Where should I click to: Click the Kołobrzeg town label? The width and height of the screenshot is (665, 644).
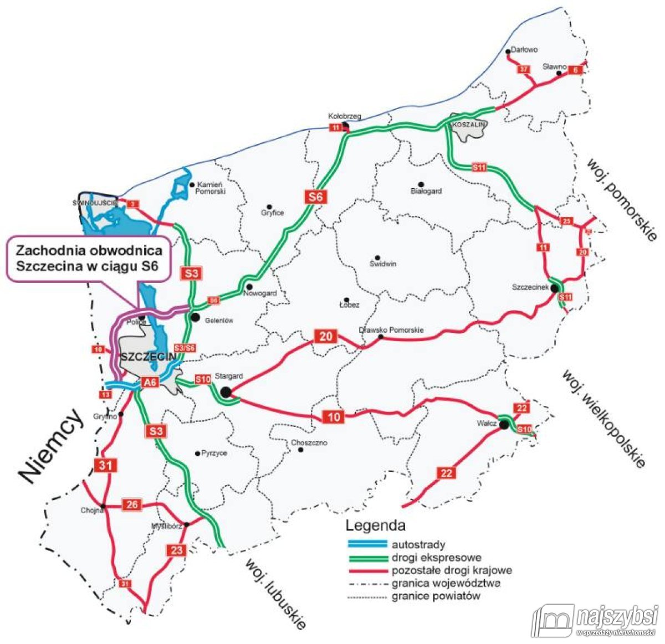pos(345,116)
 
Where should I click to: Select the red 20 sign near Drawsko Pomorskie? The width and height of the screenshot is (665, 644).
pos(326,336)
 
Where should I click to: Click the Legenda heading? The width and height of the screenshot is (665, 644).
pos(375,525)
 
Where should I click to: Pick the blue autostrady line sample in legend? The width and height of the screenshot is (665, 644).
pos(366,544)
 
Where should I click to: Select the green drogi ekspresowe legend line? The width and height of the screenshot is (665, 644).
pos(366,558)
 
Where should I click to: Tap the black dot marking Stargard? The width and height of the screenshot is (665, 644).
pos(226,392)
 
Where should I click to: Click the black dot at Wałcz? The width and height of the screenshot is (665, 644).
pos(503,425)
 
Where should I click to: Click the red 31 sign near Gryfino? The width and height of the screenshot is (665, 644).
pos(106,465)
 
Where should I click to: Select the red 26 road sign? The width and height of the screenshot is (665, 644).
pos(132,504)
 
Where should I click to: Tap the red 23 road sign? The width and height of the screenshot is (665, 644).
pos(176,550)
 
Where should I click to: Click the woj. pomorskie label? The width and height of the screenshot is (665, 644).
pos(622,199)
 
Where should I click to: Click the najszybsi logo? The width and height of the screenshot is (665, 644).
pos(596,620)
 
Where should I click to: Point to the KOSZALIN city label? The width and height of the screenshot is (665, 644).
pos(469,125)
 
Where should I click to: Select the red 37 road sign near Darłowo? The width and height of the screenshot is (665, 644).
pos(524,69)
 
